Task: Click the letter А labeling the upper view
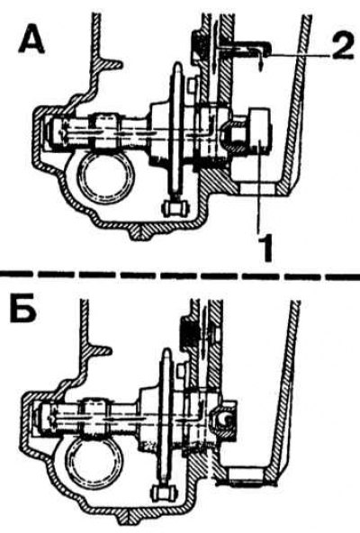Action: [x=32, y=40]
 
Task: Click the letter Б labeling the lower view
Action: [x=23, y=311]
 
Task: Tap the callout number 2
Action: [x=340, y=48]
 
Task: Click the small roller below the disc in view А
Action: [x=176, y=208]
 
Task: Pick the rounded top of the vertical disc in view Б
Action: [x=166, y=355]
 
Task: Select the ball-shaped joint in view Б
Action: [x=222, y=421]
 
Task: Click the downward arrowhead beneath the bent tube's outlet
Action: [x=260, y=68]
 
